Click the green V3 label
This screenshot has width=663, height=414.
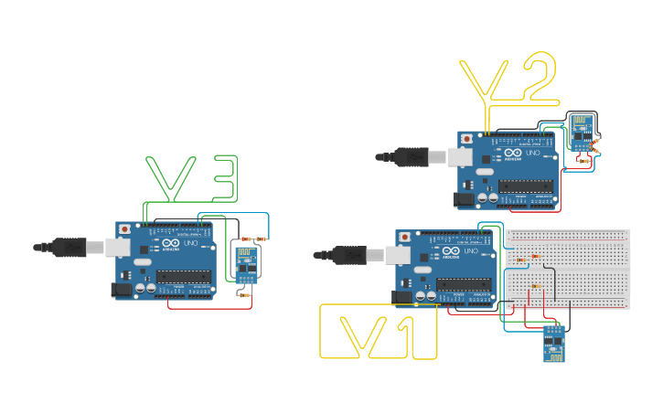pos(193,179)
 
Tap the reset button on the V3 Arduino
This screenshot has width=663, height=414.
pos(124,228)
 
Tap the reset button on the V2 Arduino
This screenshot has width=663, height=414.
pos(467,139)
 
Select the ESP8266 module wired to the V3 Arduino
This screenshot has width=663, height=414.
pos(246,264)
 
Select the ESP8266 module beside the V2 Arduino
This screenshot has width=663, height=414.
pos(581,132)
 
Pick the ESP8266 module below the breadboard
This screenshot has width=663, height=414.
pos(553,343)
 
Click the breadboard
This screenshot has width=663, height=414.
pos(567,269)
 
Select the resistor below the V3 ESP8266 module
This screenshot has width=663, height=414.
pos(244,294)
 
